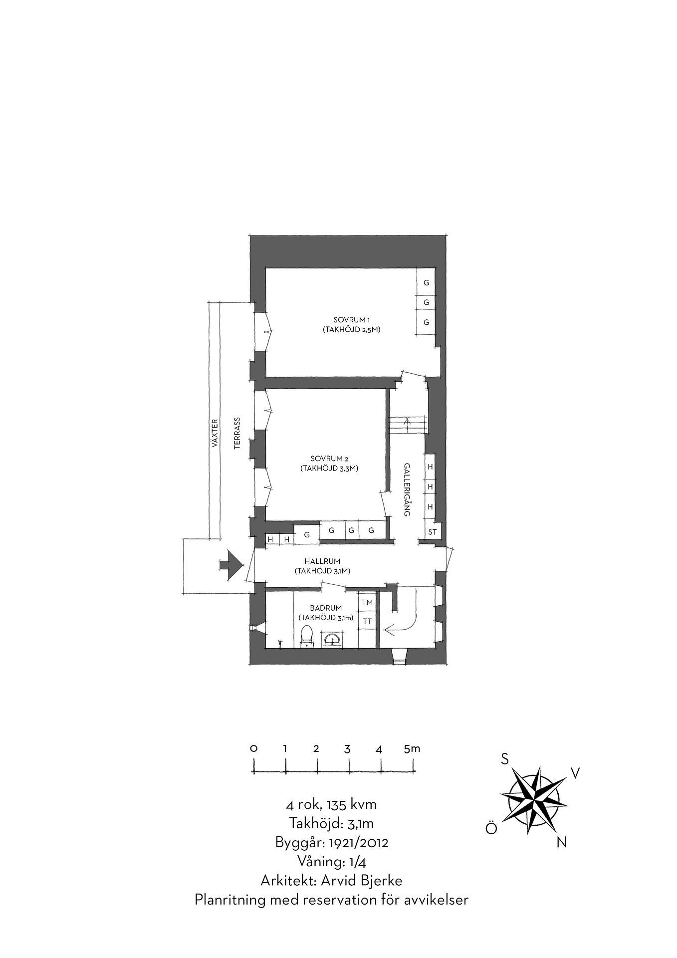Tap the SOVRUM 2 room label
(329, 458)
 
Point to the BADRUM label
(326, 608)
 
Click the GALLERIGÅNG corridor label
(407, 489)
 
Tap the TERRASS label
(237, 434)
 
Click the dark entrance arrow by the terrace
(231, 565)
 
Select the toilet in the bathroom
(306, 637)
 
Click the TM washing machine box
(367, 603)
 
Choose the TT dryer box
(367, 622)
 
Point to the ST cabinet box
(432, 532)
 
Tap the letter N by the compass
(561, 843)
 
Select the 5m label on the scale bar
(412, 748)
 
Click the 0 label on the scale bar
(253, 748)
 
